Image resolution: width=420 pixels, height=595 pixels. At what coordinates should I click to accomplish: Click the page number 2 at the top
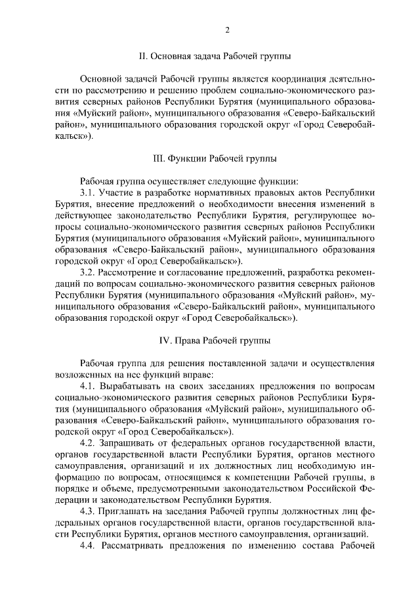(226, 30)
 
